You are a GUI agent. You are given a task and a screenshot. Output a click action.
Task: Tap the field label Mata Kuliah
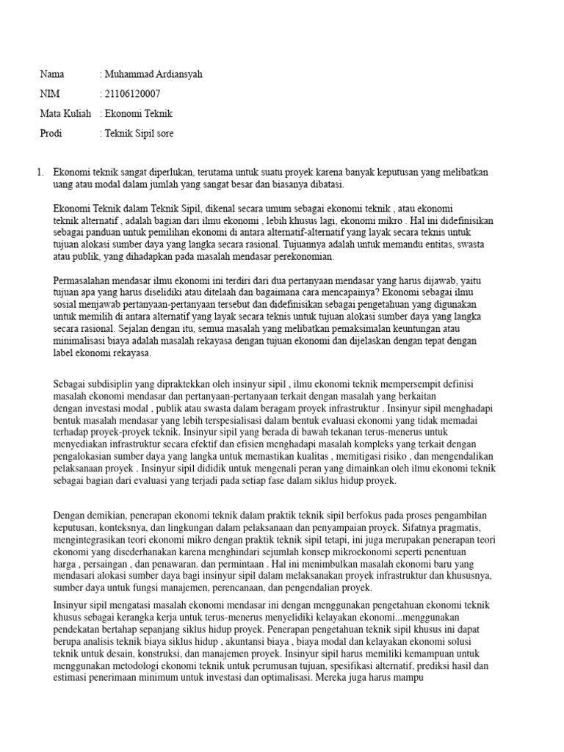point(65,114)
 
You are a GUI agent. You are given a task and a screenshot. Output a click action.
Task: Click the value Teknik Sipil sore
point(140,133)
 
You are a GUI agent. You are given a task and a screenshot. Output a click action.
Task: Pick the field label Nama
point(51,74)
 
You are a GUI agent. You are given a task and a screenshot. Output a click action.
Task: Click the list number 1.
point(40,172)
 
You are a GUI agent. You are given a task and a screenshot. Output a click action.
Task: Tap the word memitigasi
point(372,455)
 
